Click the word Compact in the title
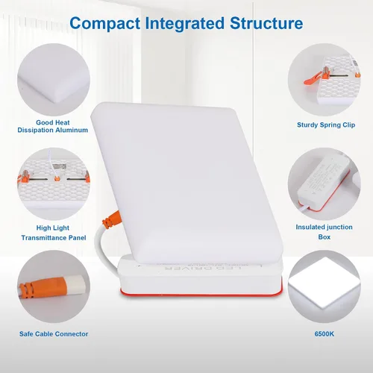[x=105, y=24]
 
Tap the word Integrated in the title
[x=184, y=24]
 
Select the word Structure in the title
[x=266, y=23]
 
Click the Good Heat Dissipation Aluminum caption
[x=53, y=126]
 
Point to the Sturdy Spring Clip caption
[x=326, y=125]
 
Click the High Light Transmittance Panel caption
[x=54, y=233]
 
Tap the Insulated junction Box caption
[x=325, y=232]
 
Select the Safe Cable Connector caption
[x=54, y=333]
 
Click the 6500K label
[x=325, y=333]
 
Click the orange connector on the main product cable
[x=112, y=220]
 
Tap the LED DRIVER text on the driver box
[x=203, y=269]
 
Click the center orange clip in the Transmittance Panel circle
[x=57, y=178]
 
